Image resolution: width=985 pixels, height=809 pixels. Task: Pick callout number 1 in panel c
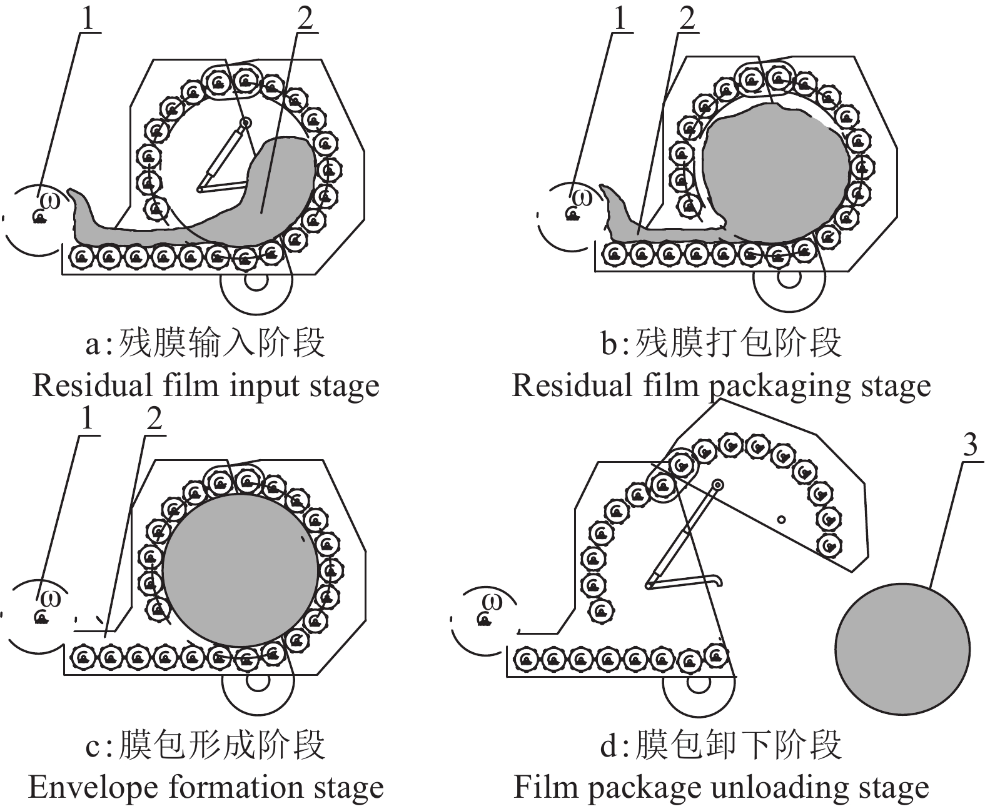tap(87, 419)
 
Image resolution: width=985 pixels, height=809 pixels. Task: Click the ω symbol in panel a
tap(53, 202)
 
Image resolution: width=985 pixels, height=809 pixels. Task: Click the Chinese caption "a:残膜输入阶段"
tap(205, 344)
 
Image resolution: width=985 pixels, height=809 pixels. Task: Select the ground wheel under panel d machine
tap(697, 682)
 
